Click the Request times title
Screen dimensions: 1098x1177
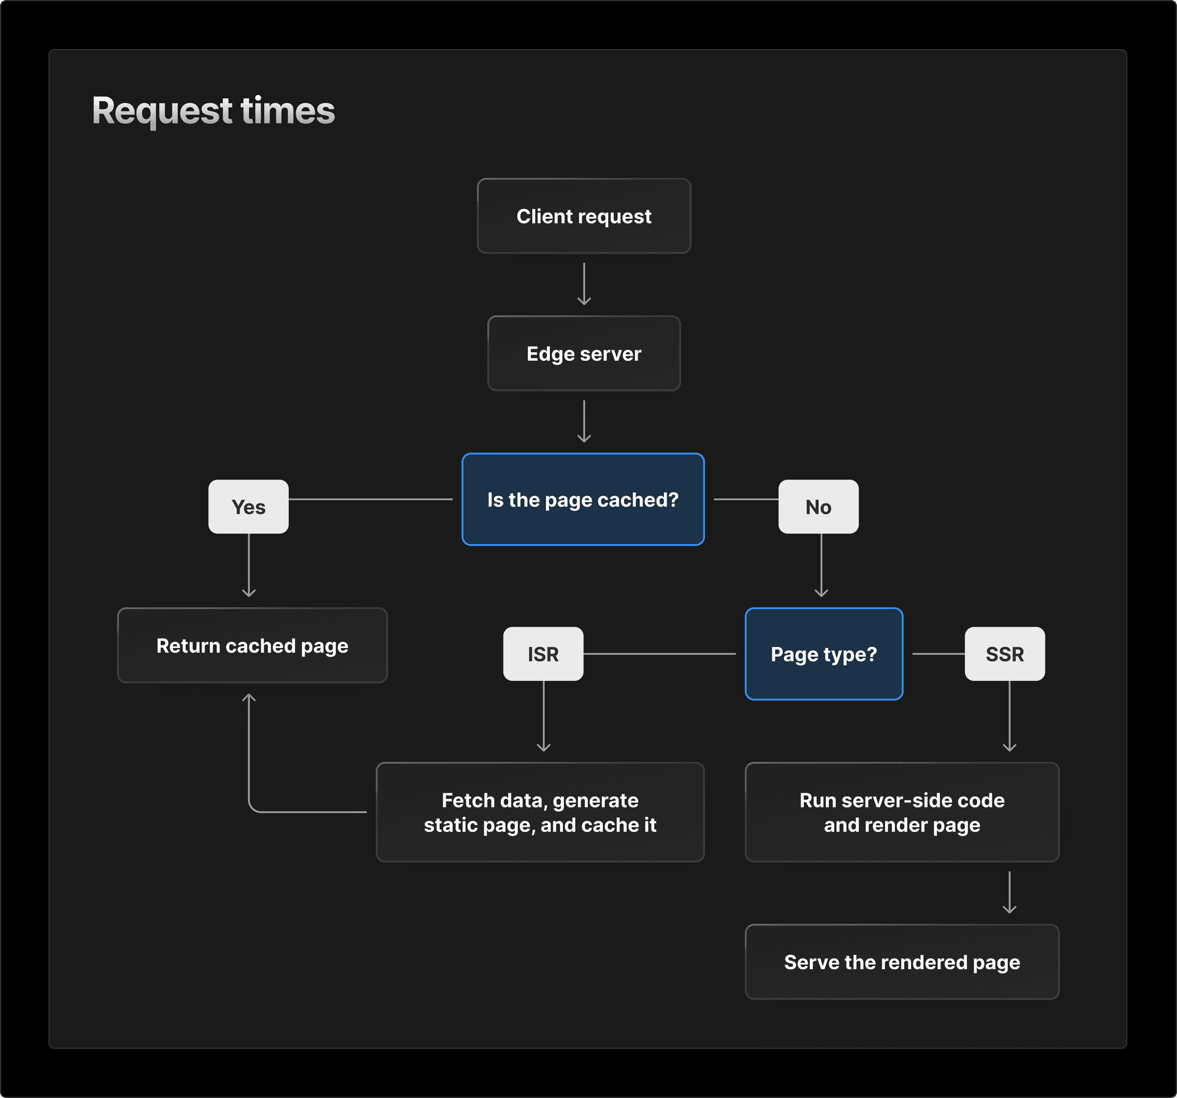click(x=213, y=111)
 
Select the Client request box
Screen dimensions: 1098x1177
click(x=584, y=216)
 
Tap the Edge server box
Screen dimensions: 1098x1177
click(x=584, y=353)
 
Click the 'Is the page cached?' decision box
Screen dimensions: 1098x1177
click(x=583, y=499)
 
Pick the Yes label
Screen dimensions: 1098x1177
click(x=248, y=507)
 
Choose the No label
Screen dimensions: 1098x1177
click(x=818, y=507)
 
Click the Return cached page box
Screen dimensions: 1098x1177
click(x=252, y=645)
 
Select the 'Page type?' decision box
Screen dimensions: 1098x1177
click(x=824, y=654)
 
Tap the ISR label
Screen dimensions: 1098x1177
click(x=543, y=654)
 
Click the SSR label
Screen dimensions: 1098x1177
click(x=1005, y=654)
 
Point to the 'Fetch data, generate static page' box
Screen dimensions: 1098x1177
click(x=540, y=812)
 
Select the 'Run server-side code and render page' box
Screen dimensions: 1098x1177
click(x=902, y=812)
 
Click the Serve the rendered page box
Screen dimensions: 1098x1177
click(x=902, y=962)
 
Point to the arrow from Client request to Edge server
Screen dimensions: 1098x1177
click(x=584, y=284)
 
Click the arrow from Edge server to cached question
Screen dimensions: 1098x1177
click(x=584, y=421)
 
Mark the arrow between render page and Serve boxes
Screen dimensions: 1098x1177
click(x=1010, y=893)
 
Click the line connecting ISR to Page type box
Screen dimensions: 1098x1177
click(x=659, y=654)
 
